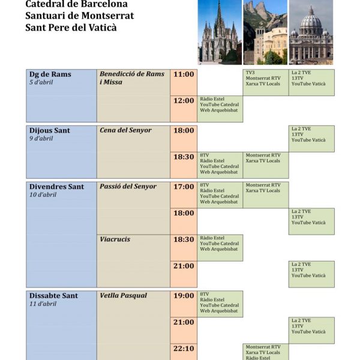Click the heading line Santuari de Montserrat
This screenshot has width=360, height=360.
point(80,16)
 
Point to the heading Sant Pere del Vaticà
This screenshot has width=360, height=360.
point(71,27)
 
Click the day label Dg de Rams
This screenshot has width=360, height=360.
point(50,74)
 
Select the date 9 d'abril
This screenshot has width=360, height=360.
point(41,139)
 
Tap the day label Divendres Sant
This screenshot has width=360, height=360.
point(56,187)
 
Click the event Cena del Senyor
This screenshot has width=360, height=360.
point(125,130)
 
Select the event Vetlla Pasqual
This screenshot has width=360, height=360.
point(123,296)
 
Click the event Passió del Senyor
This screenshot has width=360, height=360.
point(128,187)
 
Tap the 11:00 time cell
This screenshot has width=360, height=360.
point(184,74)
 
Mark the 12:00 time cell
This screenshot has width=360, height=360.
point(184,101)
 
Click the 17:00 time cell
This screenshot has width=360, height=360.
point(184,187)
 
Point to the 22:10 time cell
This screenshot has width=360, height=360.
point(184,349)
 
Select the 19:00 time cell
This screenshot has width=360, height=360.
point(184,296)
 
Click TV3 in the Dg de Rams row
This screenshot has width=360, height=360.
point(250,73)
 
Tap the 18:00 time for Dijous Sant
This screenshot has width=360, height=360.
point(184,130)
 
